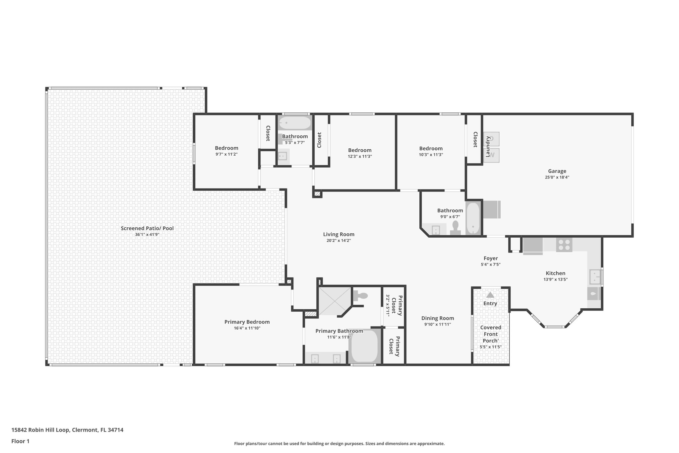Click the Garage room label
click(x=557, y=171)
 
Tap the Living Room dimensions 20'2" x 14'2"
click(x=339, y=241)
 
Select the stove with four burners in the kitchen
click(x=564, y=245)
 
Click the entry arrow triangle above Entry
click(x=490, y=295)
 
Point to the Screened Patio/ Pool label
click(x=147, y=228)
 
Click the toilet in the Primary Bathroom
click(x=360, y=296)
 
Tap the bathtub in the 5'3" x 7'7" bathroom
click(x=294, y=123)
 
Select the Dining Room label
click(x=437, y=318)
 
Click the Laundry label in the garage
click(x=488, y=146)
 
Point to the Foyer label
click(x=490, y=258)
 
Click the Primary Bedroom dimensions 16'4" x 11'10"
click(x=247, y=328)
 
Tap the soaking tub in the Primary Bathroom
click(x=364, y=346)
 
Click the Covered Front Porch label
click(x=490, y=334)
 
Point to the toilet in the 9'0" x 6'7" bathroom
click(x=455, y=228)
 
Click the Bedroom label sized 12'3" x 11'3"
click(x=360, y=150)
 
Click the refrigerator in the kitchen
click(x=532, y=246)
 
